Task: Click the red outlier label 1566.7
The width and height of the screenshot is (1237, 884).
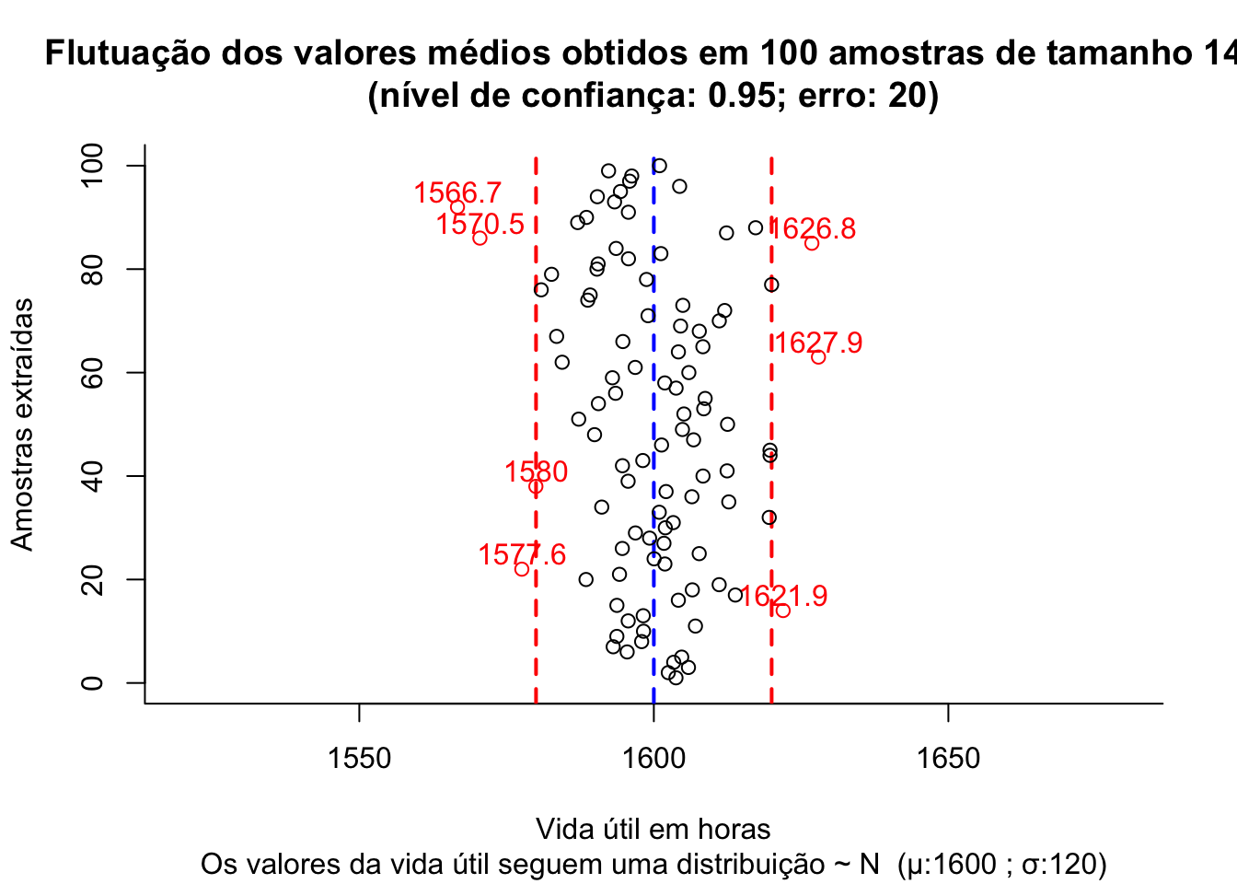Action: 457,193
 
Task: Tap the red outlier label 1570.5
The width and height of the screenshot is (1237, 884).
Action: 480,224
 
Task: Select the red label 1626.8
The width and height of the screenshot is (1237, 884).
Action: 812,228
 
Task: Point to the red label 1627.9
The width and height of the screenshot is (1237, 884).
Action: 818,343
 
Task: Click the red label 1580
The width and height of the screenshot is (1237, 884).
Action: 536,471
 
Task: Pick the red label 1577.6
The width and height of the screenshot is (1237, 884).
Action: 522,554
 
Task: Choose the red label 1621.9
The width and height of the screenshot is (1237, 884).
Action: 783,596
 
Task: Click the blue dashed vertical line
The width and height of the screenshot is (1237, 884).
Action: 653,414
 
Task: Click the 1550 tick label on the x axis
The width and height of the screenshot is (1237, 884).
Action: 359,759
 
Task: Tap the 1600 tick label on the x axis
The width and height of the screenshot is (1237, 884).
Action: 653,759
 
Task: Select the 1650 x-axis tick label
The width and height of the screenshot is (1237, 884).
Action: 948,759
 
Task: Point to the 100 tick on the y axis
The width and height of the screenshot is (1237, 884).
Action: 93,166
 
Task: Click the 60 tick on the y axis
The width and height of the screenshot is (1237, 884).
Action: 93,373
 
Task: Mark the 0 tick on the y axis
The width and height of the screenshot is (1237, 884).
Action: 93,683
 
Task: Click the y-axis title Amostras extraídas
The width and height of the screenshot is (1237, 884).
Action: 22,424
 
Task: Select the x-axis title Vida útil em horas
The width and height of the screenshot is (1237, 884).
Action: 653,829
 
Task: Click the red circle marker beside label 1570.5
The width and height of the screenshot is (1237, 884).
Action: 480,238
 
